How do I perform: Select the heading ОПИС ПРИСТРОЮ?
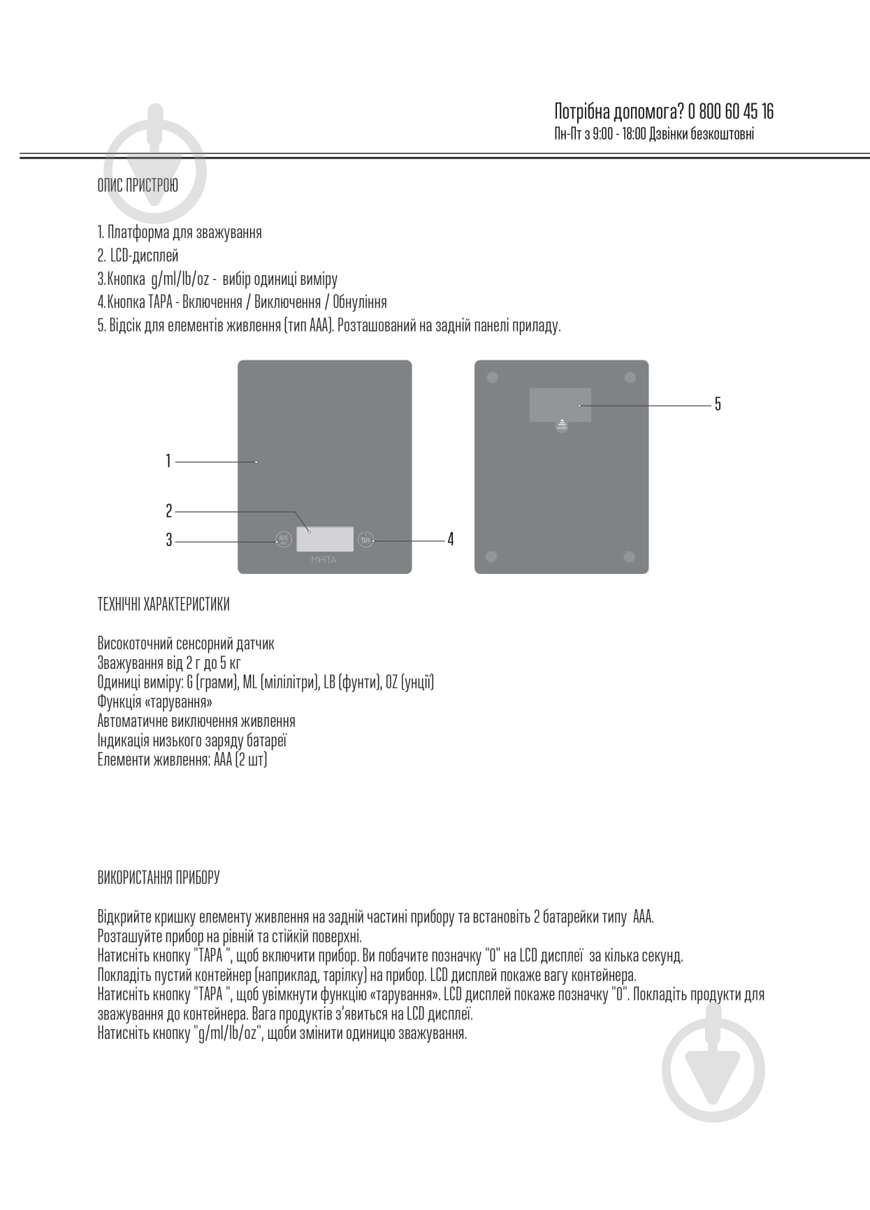coord(138,186)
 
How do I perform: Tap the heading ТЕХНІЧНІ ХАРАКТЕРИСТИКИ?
coord(164,605)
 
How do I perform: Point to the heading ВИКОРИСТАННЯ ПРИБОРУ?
coord(159,878)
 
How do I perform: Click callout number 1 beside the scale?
coord(168,461)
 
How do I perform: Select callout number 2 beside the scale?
coord(168,511)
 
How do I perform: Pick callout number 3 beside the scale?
coord(168,540)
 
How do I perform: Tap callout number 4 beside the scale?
coord(451,539)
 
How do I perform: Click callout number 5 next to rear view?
coord(718,404)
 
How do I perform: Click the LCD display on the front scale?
coord(325,539)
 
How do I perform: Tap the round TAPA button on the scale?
coord(365,539)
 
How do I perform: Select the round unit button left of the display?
coord(282,539)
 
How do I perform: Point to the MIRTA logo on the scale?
coord(324,560)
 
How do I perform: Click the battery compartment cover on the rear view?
coord(560,405)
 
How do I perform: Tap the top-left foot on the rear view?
coord(492,378)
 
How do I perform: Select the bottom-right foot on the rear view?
coord(629,556)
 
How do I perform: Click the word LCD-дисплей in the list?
coord(145,256)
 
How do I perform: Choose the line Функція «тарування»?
coord(155,702)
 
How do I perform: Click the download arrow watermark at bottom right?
coord(713,1070)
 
